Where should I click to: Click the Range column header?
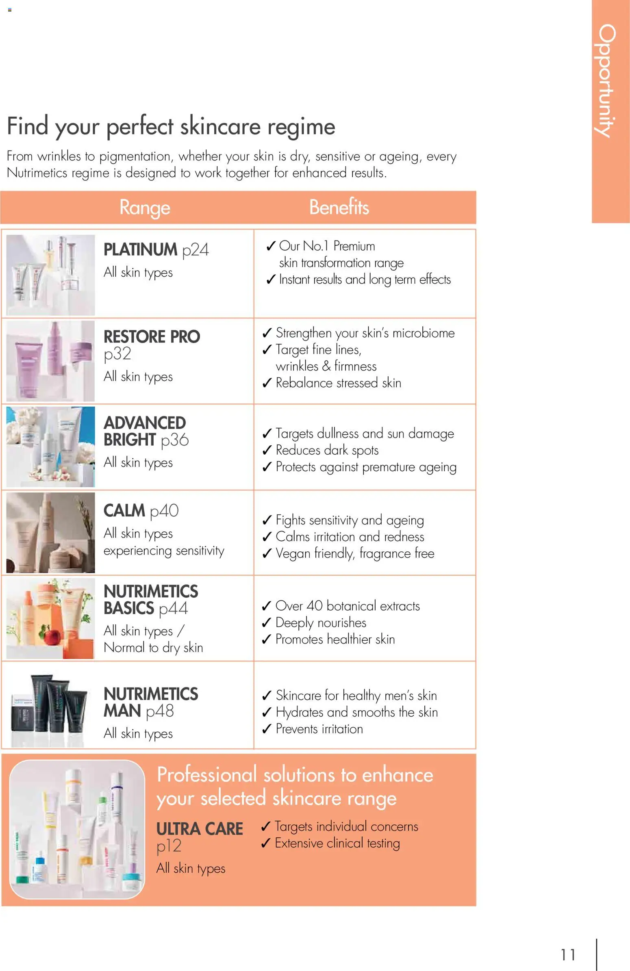[x=144, y=207]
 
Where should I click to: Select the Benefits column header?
[x=339, y=207]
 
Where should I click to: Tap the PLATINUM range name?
[x=140, y=249]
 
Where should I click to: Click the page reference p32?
[x=117, y=354]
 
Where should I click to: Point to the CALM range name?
[x=124, y=510]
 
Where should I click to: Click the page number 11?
[x=567, y=954]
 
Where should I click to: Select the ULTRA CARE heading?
[x=200, y=829]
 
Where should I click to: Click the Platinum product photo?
[x=50, y=275]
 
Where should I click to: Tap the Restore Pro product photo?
[x=50, y=361]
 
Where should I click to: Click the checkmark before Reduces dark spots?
[x=267, y=451]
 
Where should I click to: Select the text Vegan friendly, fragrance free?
[x=354, y=554]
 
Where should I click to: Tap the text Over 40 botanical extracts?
[x=347, y=606]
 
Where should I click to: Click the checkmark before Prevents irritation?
[x=267, y=729]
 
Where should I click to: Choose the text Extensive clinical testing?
[x=337, y=843]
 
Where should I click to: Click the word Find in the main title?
[x=27, y=126]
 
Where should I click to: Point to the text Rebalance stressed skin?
[x=338, y=383]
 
